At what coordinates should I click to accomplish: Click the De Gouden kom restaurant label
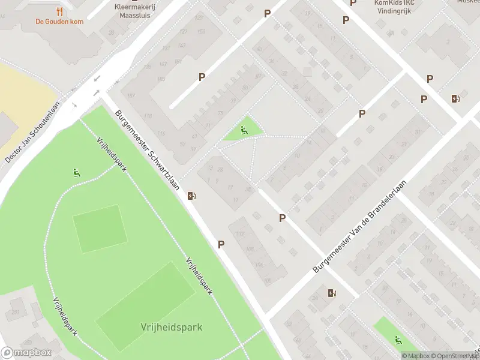[59, 22]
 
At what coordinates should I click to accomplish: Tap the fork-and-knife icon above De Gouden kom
[59, 11]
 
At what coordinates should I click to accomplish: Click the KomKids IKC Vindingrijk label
[394, 7]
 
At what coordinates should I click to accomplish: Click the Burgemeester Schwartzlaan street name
[148, 150]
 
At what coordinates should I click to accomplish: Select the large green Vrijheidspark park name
[171, 327]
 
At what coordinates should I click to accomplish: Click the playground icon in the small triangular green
[243, 130]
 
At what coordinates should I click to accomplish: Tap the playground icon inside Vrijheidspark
[76, 174]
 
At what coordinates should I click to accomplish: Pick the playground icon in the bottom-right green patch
[398, 340]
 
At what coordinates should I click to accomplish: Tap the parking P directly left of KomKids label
[353, 4]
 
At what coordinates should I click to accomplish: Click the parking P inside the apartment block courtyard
[202, 77]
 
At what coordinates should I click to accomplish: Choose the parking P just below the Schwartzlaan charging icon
[221, 244]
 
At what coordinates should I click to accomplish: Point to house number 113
[241, 234]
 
